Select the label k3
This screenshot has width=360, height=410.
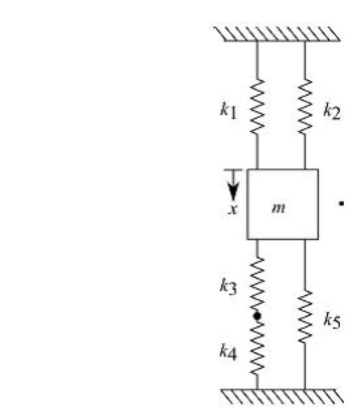click(228, 288)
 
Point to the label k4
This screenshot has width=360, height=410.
click(228, 353)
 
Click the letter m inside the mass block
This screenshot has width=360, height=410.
click(282, 208)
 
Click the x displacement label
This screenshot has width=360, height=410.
click(233, 209)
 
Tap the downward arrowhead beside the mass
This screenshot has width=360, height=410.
click(234, 191)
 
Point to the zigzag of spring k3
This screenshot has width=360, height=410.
click(257, 285)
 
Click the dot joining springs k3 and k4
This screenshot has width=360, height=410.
click(257, 316)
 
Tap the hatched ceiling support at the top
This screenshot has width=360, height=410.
click(280, 34)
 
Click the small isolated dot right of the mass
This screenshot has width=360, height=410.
click(341, 204)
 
